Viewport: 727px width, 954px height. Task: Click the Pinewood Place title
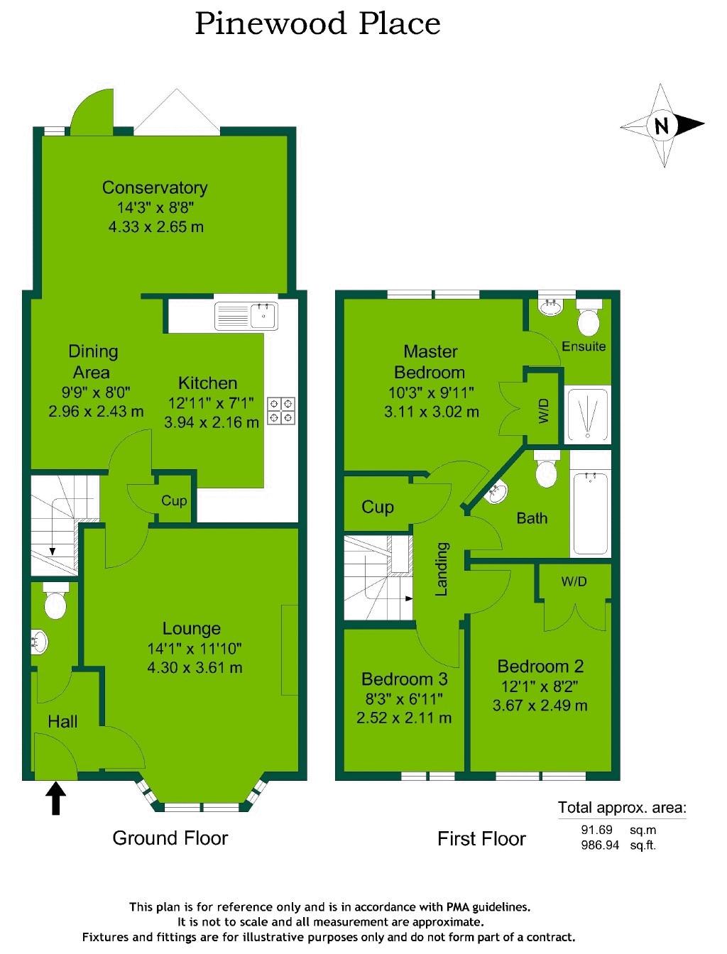click(x=317, y=23)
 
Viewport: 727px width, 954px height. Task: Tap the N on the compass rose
click(x=662, y=126)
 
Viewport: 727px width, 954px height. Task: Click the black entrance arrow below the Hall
click(x=56, y=797)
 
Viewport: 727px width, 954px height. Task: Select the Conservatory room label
click(x=155, y=187)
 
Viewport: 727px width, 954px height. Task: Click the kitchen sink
click(x=247, y=314)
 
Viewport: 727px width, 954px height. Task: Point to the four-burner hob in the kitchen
click(x=282, y=411)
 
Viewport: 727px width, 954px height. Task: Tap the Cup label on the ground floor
click(x=174, y=500)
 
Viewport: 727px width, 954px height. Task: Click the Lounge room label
click(x=191, y=628)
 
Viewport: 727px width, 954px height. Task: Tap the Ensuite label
click(x=584, y=346)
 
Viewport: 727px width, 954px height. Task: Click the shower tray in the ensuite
click(x=586, y=415)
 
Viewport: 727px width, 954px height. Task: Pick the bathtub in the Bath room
click(x=590, y=512)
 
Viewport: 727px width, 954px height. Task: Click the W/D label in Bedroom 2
click(x=574, y=582)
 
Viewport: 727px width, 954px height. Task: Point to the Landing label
click(x=442, y=569)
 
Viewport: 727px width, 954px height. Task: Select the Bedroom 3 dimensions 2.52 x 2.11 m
click(x=404, y=718)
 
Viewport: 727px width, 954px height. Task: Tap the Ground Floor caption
click(x=170, y=838)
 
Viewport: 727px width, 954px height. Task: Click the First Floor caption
click(x=481, y=839)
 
